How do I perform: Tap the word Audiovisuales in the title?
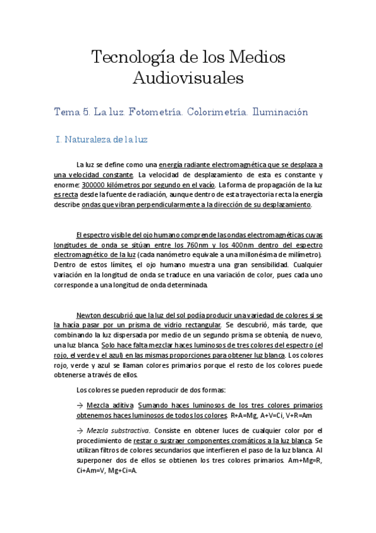(188, 79)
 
